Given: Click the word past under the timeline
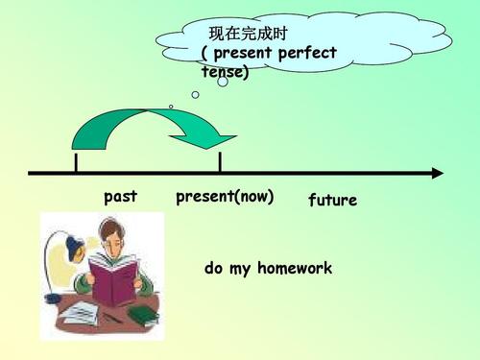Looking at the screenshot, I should (120, 197).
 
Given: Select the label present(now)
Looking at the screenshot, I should (225, 198).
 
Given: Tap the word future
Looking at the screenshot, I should (332, 201).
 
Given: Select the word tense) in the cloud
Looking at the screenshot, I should (225, 72).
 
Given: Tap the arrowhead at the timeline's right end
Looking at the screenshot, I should (438, 174).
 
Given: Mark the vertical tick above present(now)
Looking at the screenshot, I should (220, 161).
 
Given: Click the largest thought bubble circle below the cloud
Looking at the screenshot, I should (223, 82).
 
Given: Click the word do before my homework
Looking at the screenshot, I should (213, 269).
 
